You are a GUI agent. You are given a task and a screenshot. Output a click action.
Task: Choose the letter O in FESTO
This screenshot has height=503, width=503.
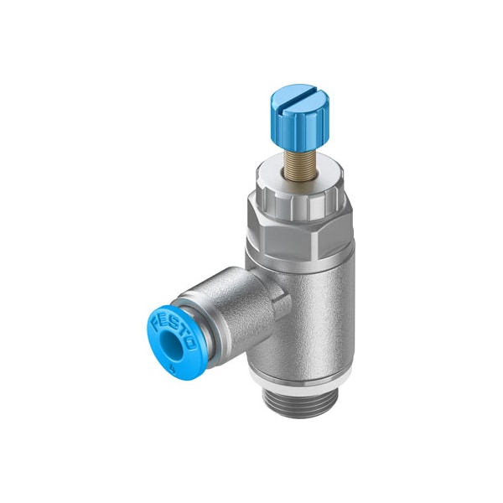point(192,343)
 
